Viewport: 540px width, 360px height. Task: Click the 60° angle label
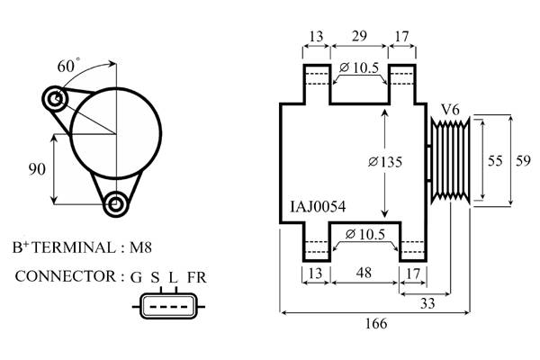click(x=68, y=66)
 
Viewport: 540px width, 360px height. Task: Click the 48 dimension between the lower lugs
click(x=364, y=272)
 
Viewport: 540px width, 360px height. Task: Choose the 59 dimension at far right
click(x=522, y=160)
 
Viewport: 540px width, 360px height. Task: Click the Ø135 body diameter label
click(x=384, y=161)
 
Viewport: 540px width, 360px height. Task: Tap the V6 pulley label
click(x=450, y=110)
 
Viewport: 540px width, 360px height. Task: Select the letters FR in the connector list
click(x=196, y=275)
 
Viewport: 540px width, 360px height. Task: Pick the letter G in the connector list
click(x=136, y=275)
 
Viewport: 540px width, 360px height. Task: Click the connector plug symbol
click(x=167, y=307)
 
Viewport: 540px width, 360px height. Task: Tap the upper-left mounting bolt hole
click(x=57, y=97)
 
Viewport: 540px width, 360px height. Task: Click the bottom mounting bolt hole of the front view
click(x=115, y=204)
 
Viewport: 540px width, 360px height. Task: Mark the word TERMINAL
click(x=73, y=247)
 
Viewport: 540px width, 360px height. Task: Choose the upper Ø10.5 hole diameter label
click(x=361, y=67)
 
